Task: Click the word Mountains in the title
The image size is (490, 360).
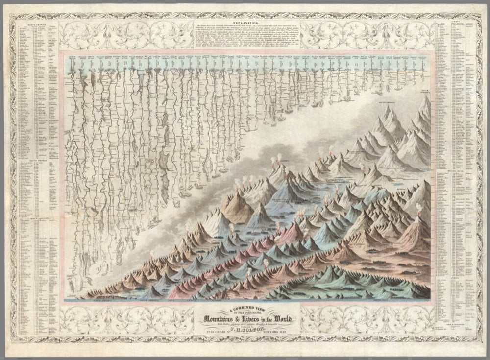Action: tap(222, 319)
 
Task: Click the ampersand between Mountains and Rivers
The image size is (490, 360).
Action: tap(240, 319)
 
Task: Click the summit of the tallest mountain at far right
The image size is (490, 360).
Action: tap(428, 96)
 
